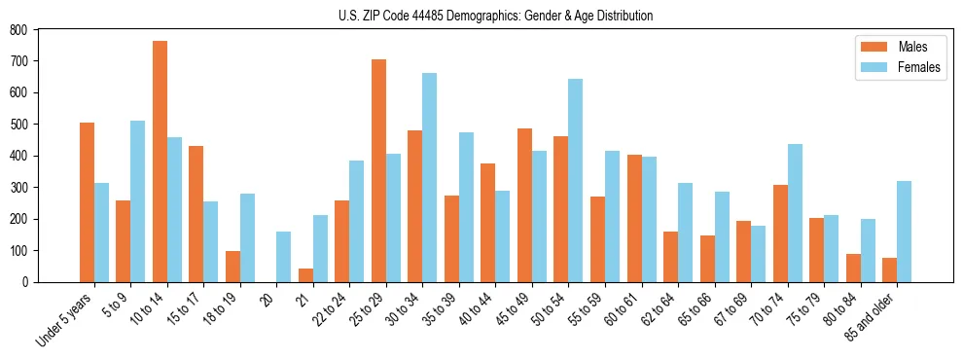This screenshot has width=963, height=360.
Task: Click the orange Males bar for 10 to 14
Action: (160, 162)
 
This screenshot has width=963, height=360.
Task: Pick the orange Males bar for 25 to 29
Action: (378, 170)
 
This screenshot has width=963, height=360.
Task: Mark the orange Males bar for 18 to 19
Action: (232, 267)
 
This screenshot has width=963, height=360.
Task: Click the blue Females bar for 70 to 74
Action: (794, 213)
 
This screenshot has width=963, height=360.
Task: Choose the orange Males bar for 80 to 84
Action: (853, 268)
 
